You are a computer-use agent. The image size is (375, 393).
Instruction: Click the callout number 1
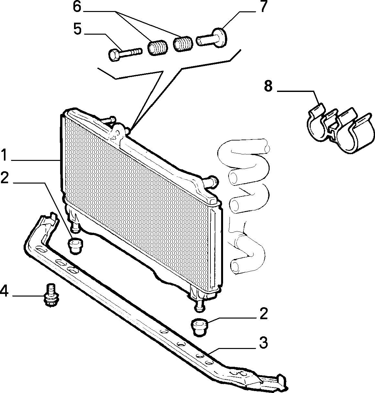pyautogui.click(x=5, y=155)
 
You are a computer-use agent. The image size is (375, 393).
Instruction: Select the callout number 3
pyautogui.click(x=263, y=342)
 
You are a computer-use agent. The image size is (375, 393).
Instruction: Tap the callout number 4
pyautogui.click(x=4, y=291)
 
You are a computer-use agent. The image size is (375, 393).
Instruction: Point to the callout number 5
pyautogui.click(x=78, y=29)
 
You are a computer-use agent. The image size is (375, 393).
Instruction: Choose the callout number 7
pyautogui.click(x=263, y=6)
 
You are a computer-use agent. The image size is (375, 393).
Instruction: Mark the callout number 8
pyautogui.click(x=268, y=86)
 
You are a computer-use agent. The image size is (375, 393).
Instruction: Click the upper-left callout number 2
pyautogui.click(x=5, y=178)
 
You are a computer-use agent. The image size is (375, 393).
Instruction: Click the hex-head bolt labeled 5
pyautogui.click(x=125, y=53)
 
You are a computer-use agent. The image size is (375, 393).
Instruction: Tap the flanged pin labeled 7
pyautogui.click(x=212, y=38)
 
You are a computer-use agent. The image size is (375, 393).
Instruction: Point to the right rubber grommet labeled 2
pyautogui.click(x=199, y=329)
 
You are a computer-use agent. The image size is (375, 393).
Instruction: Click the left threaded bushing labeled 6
pyautogui.click(x=157, y=48)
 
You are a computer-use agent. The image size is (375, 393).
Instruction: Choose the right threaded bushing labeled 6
pyautogui.click(x=183, y=44)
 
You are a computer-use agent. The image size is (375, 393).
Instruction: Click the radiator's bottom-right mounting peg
pyautogui.click(x=199, y=305)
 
